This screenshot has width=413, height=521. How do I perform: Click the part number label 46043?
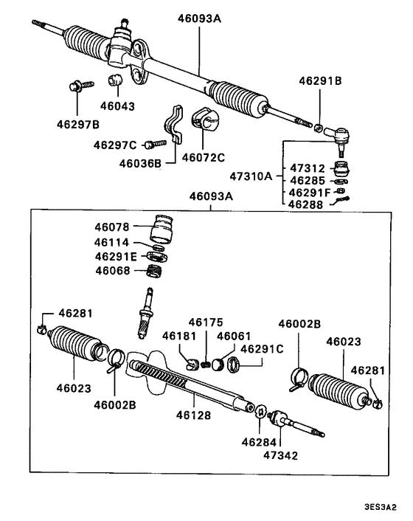[118, 106]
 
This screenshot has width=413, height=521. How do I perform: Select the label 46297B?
[77, 124]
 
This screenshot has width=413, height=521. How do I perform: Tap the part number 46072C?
[204, 157]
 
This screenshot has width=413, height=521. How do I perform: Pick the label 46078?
[111, 228]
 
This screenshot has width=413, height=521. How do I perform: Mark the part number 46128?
[193, 415]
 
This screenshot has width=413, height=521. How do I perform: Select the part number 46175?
[204, 322]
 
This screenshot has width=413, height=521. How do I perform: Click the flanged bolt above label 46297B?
[77, 87]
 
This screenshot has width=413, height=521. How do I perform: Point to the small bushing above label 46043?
[116, 80]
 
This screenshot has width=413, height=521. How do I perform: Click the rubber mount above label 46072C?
[204, 122]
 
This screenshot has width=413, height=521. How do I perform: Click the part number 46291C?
[261, 348]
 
